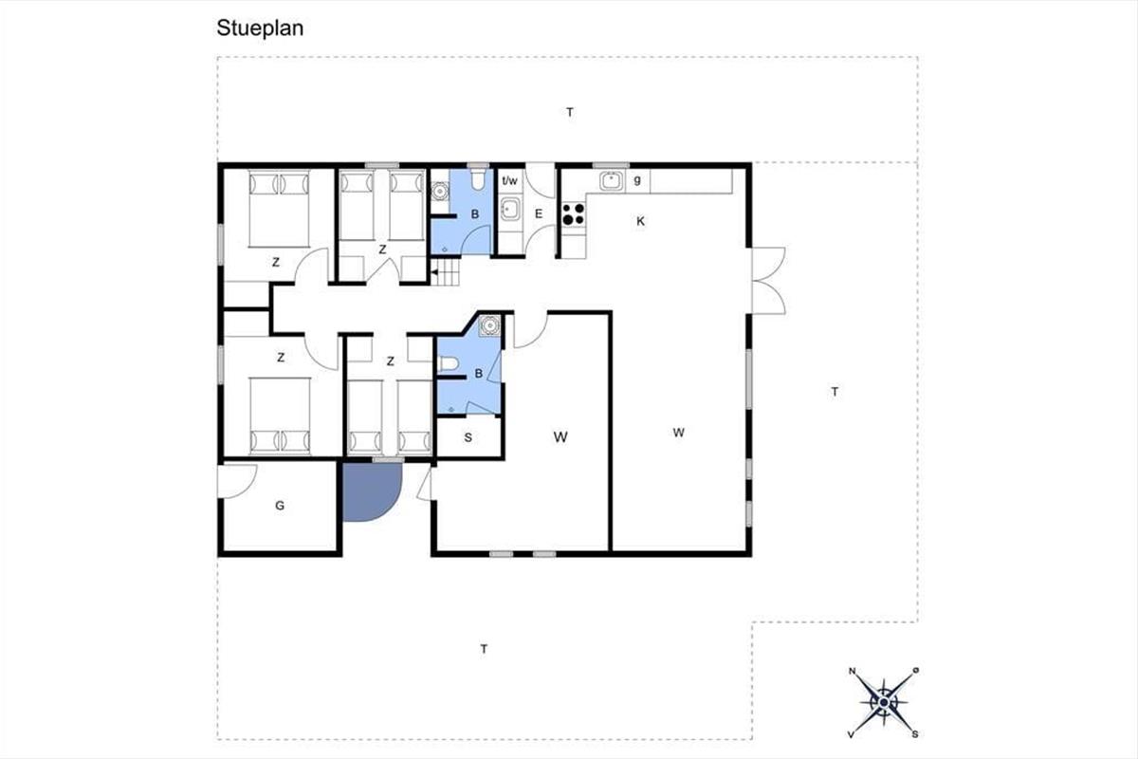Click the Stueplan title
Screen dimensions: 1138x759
click(260, 28)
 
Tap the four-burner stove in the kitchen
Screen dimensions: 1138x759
click(574, 214)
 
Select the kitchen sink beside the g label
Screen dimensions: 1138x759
click(612, 180)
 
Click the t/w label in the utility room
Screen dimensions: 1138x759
click(509, 180)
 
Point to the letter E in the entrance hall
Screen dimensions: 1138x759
click(539, 213)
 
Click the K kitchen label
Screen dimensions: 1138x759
click(641, 221)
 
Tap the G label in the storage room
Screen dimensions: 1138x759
click(280, 506)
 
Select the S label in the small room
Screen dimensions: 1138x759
click(468, 437)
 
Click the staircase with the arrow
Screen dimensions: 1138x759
click(445, 272)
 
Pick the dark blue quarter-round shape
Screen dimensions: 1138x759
click(370, 491)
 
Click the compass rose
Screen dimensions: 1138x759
click(884, 703)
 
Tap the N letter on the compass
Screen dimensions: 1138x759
click(852, 671)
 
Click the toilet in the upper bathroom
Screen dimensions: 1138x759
click(478, 179)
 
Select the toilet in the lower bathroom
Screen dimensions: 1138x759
click(448, 363)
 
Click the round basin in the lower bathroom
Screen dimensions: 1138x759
click(489, 324)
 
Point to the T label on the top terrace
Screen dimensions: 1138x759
click(570, 112)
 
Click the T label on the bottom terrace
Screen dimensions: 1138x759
click(485, 649)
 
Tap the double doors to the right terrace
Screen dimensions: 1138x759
click(769, 281)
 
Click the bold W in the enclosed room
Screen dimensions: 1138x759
click(560, 436)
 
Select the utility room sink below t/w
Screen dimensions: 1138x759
click(508, 210)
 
